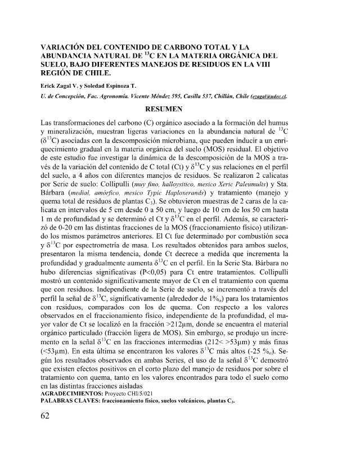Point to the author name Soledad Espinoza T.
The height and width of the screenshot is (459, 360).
(x=115, y=85)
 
